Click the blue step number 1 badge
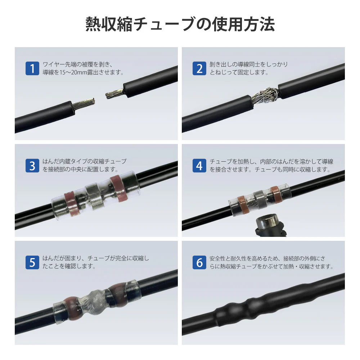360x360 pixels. click(32, 68)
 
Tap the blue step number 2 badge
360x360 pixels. click(199, 68)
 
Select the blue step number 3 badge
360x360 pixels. click(32, 165)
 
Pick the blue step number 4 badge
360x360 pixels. click(199, 165)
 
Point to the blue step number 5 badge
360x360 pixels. click(32, 262)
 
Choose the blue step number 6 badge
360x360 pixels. click(199, 262)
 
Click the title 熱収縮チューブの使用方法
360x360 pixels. click(180, 24)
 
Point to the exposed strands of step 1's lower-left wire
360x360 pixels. click(84, 104)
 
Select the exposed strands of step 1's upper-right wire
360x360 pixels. click(115, 93)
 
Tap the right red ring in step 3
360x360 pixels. click(118, 189)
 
